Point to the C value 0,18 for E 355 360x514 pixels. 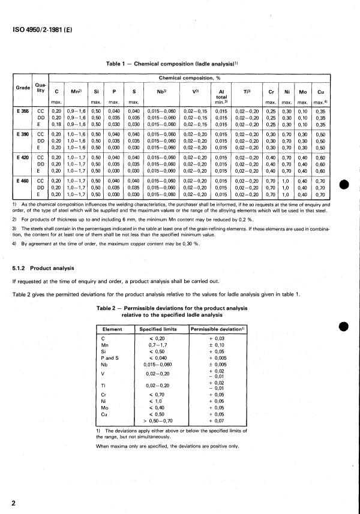tap(56, 125)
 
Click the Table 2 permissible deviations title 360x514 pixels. tap(181, 310)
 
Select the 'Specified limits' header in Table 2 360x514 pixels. tap(158, 329)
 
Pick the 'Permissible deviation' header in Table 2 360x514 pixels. tap(214, 329)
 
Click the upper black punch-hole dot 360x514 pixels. tap(343, 183)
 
